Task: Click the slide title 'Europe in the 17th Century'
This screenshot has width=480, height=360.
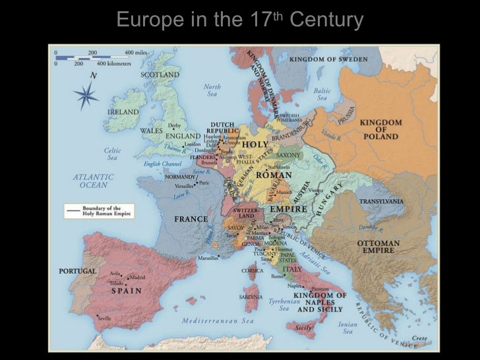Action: coord(239,20)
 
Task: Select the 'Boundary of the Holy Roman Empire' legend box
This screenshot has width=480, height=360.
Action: coord(99,211)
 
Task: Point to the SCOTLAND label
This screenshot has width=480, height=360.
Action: coord(160,75)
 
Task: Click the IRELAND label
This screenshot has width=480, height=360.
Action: coord(123,112)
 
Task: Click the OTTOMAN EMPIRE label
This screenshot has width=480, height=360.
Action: coord(379,247)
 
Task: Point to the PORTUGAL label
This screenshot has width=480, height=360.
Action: coord(78,271)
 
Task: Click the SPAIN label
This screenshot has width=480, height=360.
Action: coord(126,290)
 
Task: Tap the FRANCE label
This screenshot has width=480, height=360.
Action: coord(191,219)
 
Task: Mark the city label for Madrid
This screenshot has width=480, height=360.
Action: coord(136,278)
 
